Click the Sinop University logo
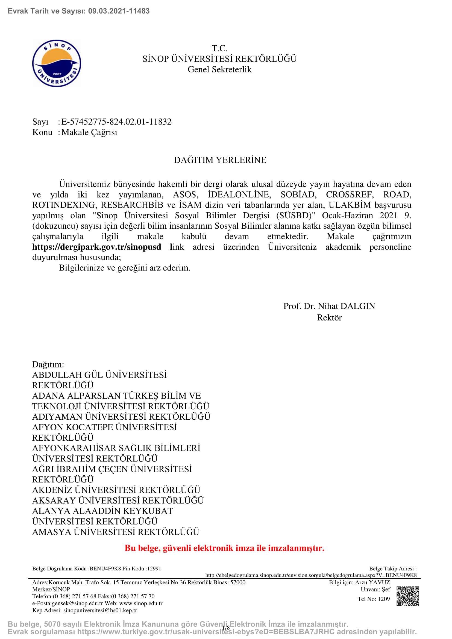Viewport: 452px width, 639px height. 57,63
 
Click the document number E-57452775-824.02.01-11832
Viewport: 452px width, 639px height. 116,122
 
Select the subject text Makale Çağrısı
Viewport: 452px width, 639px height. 89,132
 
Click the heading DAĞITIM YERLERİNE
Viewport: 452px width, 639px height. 220,160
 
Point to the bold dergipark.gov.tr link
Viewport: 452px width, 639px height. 96,247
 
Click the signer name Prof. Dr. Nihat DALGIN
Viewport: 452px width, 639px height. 329,306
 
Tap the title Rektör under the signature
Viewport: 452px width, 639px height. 329,317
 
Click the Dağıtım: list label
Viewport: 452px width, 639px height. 48,364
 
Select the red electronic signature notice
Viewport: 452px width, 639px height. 224,548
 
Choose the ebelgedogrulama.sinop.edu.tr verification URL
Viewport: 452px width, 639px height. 311,575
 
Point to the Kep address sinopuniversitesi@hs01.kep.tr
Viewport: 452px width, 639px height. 100,610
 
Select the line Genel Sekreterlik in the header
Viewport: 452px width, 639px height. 219,69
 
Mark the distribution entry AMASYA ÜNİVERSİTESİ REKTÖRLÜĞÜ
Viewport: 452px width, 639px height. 116,532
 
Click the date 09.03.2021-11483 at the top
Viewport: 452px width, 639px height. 119,11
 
